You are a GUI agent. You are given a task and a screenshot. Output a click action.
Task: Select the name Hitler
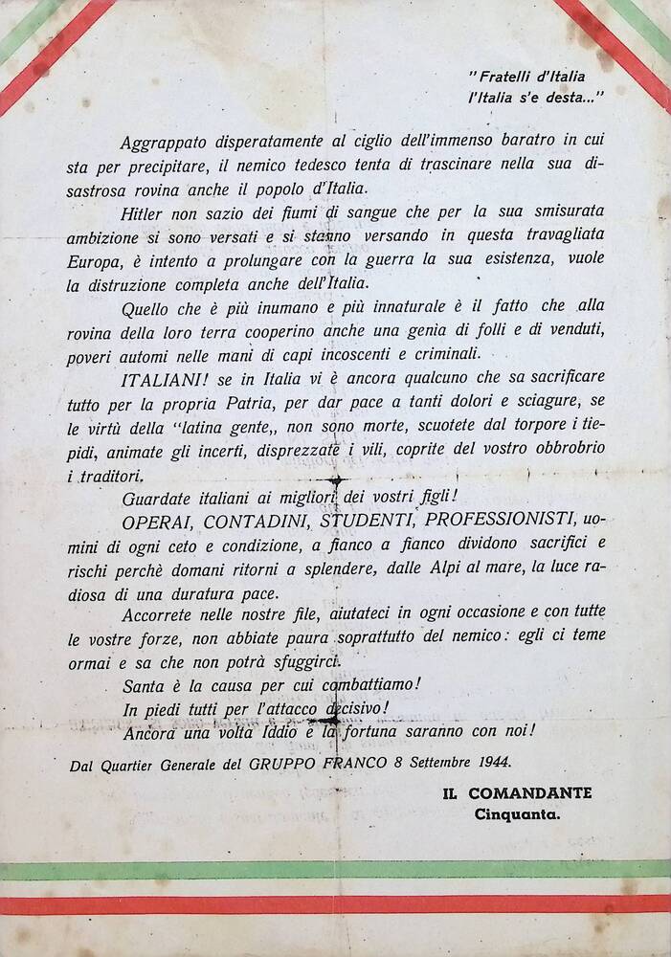click(x=145, y=211)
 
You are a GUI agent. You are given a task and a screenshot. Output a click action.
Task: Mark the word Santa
click(x=144, y=685)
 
